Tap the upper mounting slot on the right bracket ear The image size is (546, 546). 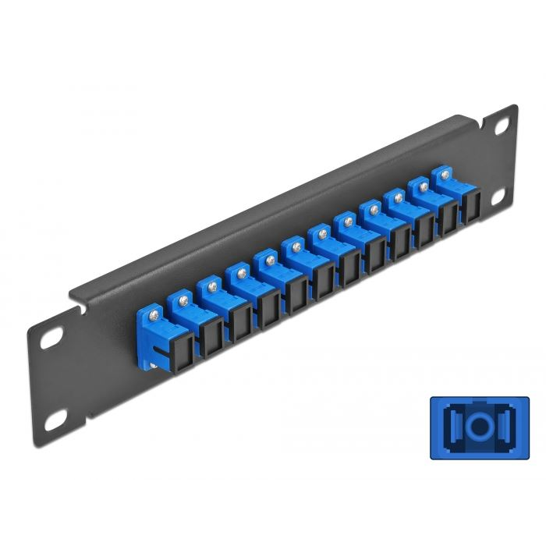[498, 125]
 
